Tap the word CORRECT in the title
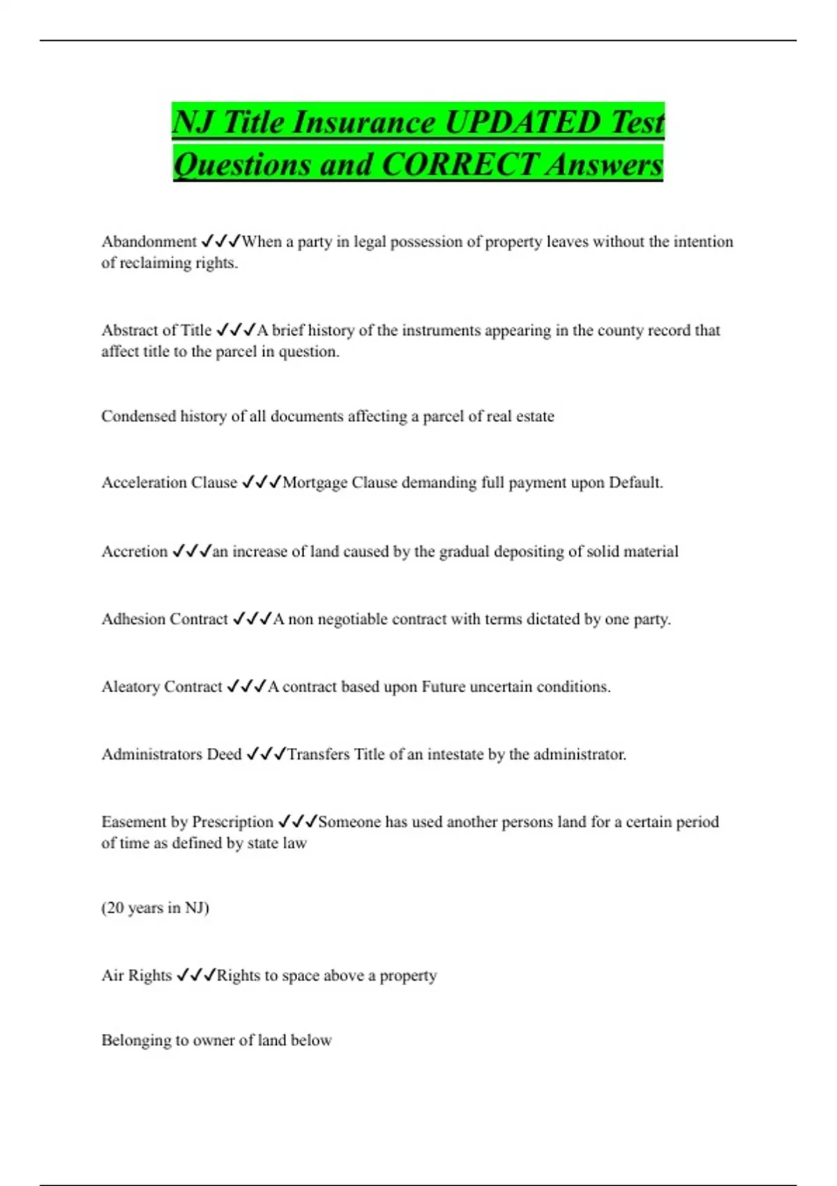(460, 165)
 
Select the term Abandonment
(149, 241)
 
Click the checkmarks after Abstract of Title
(236, 330)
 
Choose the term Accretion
(135, 551)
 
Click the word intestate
(465, 754)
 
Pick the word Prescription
(232, 822)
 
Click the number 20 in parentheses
(115, 908)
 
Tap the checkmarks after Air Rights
(196, 975)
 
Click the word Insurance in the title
(365, 122)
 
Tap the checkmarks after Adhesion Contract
(252, 619)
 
